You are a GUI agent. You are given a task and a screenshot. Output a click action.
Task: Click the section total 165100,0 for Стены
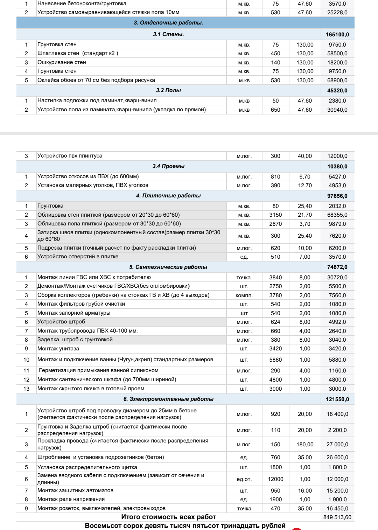[x=337, y=35]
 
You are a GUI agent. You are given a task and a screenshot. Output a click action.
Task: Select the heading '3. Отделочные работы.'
[x=168, y=23]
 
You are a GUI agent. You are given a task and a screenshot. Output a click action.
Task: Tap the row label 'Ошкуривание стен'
[x=62, y=62]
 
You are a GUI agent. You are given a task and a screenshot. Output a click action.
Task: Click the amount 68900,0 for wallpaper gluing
[x=337, y=81]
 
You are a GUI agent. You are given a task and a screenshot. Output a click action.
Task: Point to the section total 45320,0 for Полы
[x=337, y=91]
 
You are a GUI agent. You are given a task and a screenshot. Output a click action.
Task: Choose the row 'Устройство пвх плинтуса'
[x=70, y=156]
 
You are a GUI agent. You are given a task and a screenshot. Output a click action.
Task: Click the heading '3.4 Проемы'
[x=168, y=166]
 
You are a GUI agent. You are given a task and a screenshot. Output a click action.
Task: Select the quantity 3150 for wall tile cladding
[x=275, y=215]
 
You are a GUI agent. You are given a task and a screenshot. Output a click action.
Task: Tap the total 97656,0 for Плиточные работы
[x=337, y=196]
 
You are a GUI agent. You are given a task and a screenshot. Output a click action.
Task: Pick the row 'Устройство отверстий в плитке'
[x=78, y=257]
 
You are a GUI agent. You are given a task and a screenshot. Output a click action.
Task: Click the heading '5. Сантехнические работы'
[x=168, y=267]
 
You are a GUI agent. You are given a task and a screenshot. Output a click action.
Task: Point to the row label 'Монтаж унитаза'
[x=58, y=349]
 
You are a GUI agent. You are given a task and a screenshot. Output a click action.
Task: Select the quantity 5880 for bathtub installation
[x=275, y=360]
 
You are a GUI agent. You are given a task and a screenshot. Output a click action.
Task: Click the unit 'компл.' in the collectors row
[x=244, y=295]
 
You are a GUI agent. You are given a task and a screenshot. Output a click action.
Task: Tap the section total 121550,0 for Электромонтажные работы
[x=337, y=399]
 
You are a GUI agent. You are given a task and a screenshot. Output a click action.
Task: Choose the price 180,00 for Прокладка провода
[x=305, y=445]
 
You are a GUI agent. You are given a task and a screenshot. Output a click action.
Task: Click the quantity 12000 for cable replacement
[x=275, y=479]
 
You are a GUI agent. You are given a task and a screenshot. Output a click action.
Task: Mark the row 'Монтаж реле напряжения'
[x=71, y=499]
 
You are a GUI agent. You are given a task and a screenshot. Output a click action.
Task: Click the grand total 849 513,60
[x=337, y=517]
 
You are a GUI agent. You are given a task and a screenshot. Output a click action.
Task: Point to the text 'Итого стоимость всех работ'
[x=168, y=517]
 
